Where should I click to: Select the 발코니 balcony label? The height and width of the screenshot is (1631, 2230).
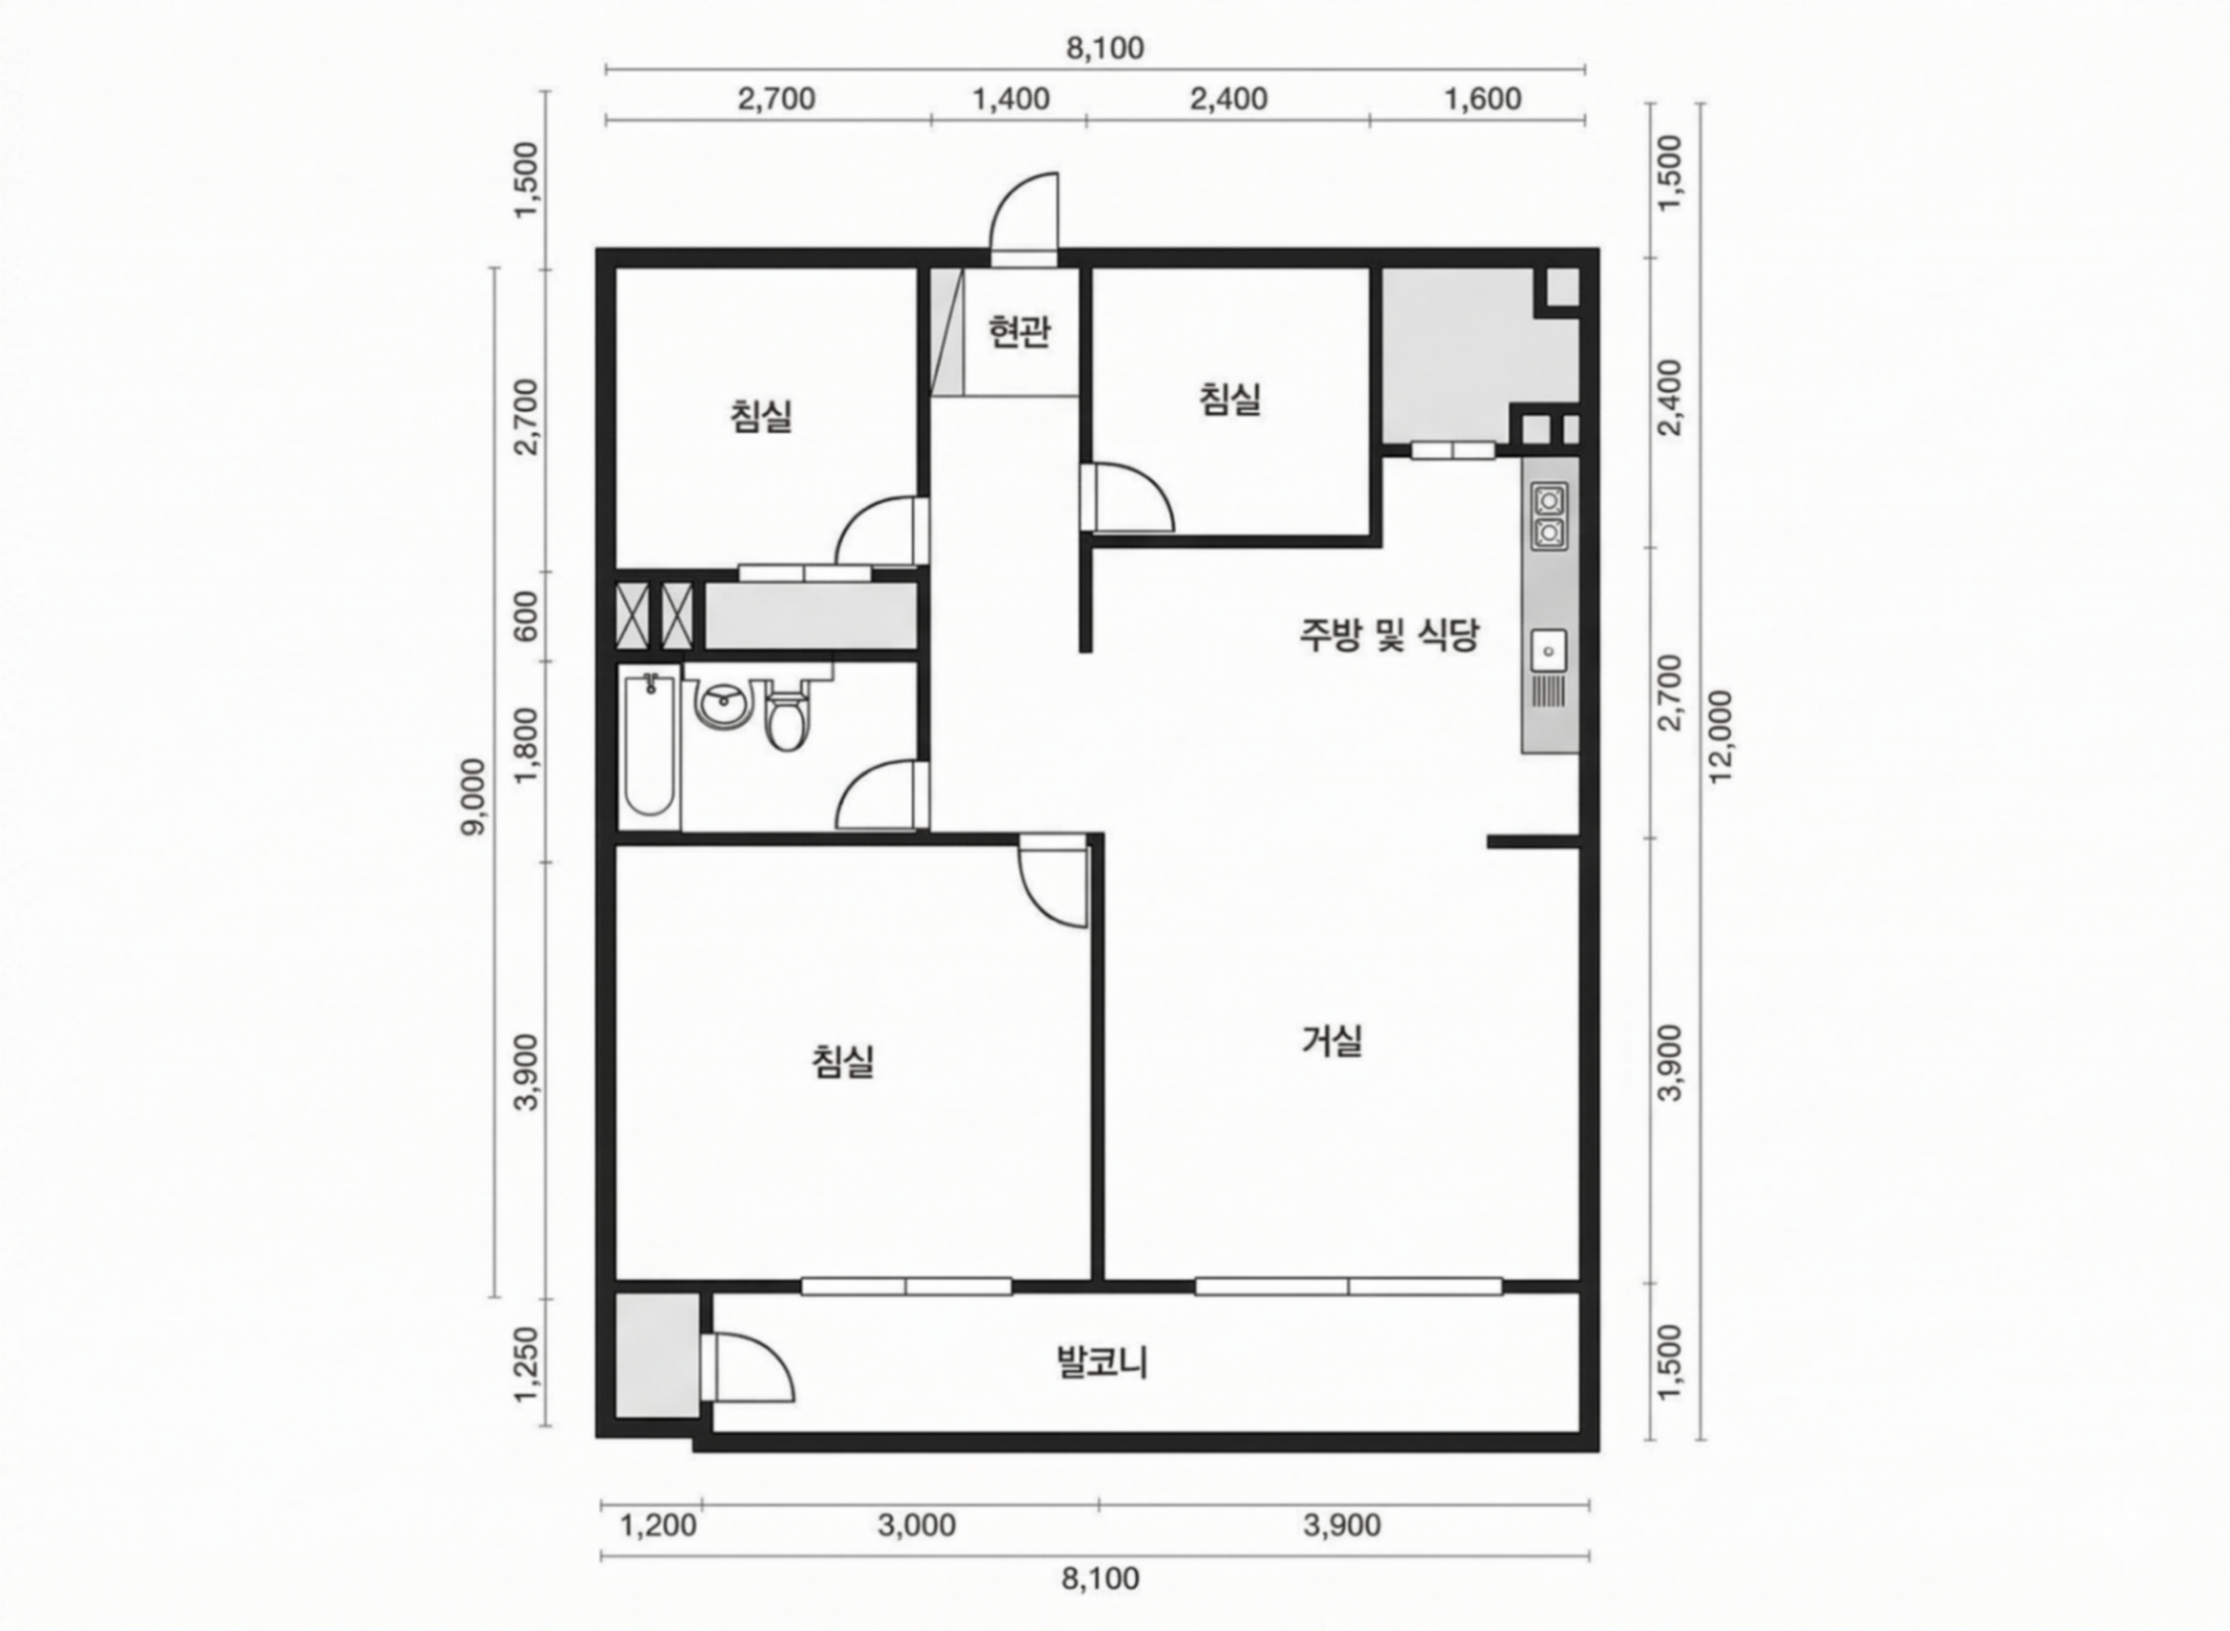tap(1103, 1363)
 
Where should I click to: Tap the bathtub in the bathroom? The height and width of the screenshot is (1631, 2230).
tap(650, 745)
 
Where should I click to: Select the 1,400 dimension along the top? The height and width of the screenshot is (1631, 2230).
tap(1011, 100)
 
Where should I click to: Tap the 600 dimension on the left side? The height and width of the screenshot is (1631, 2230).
tap(527, 616)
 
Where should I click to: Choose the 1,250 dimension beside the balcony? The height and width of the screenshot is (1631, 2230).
tap(527, 1363)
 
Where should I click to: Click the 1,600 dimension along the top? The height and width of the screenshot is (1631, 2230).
tap(1483, 100)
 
